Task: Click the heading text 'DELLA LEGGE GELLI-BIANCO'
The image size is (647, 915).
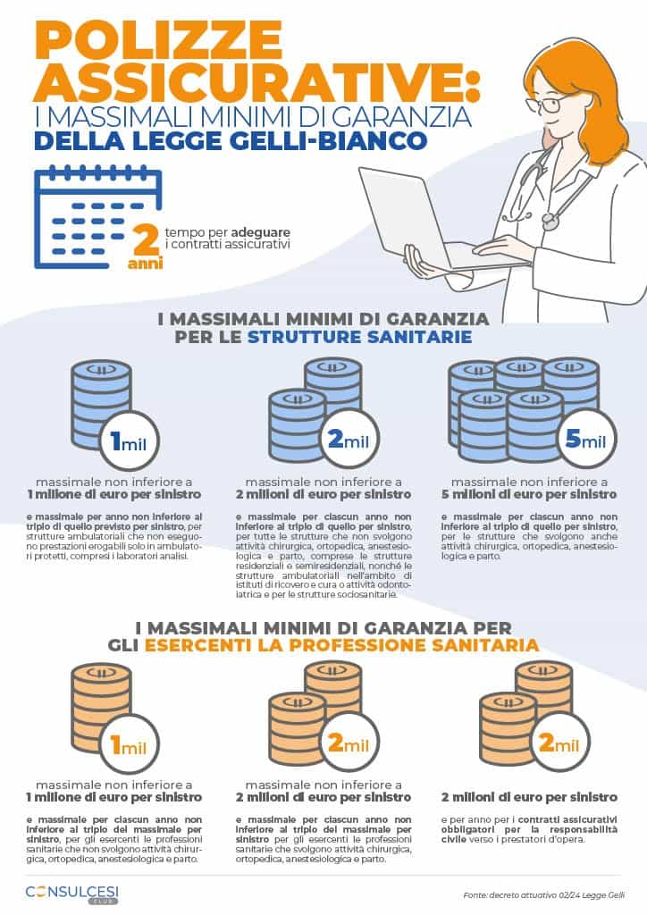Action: point(231,142)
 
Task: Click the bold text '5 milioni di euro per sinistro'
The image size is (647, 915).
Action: point(530,494)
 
